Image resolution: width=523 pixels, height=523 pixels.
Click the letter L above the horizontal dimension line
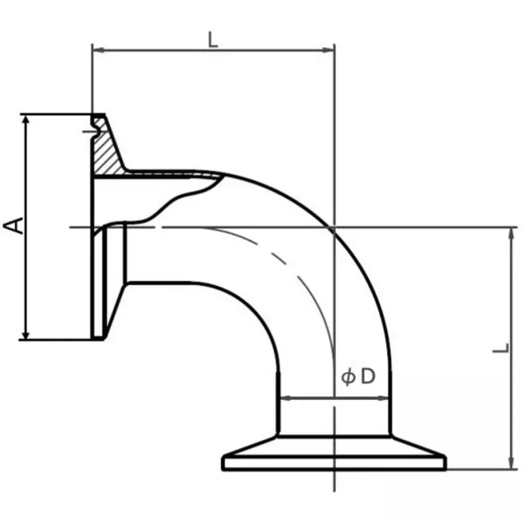coord(212,39)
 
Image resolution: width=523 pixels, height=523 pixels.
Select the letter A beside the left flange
coord(14,226)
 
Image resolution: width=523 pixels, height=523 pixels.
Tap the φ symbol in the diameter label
coord(348,377)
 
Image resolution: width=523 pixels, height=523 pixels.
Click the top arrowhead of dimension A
coord(25,119)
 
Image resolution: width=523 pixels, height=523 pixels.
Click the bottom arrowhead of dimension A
coord(25,335)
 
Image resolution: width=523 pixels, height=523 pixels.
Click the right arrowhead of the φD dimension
coord(386,397)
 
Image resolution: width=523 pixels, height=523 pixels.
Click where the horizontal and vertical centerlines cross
coord(334,228)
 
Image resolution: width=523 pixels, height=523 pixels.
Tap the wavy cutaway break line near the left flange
coord(183,196)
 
